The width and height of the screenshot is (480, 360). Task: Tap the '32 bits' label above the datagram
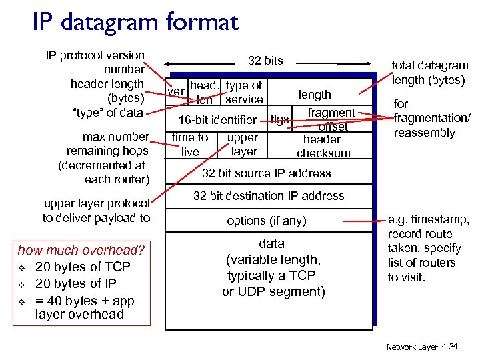tap(265, 61)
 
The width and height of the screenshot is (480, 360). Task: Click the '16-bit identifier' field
tap(217, 120)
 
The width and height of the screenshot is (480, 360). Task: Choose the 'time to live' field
tap(190, 145)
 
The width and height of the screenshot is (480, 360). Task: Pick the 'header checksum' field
tap(323, 146)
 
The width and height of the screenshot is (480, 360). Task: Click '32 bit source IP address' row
tap(266, 173)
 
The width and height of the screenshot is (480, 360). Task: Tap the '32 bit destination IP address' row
tap(269, 196)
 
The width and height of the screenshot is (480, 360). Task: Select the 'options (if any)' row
tap(266, 221)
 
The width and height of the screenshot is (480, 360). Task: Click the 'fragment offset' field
tap(331, 119)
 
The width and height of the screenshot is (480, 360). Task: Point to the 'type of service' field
tap(244, 93)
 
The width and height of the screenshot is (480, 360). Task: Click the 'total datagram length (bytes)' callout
tap(430, 73)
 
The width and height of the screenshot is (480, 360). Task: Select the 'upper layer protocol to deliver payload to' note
tap(97, 211)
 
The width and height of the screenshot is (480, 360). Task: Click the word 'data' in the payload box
tap(271, 244)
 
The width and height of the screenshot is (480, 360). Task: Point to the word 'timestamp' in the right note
tap(442, 220)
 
